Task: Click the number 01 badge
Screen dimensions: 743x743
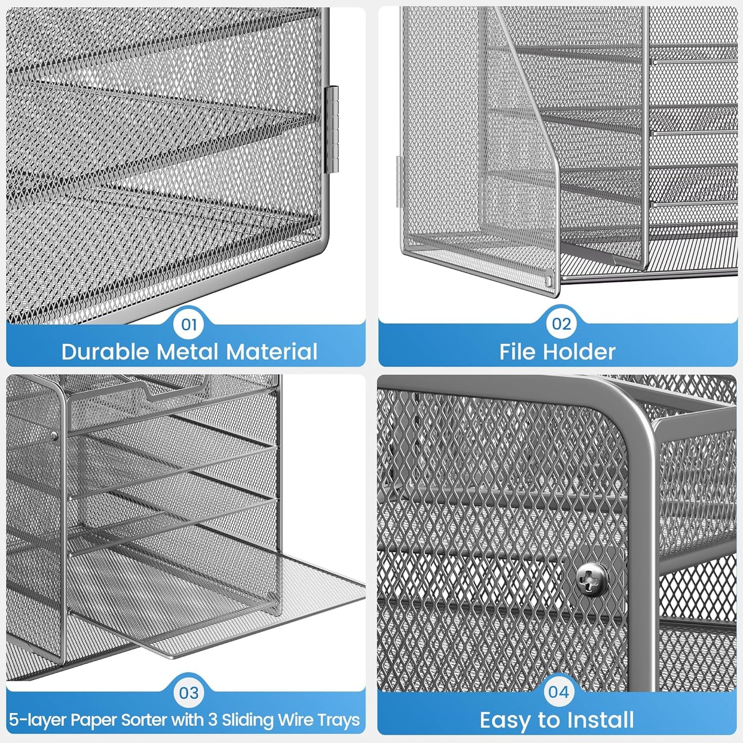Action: (189, 324)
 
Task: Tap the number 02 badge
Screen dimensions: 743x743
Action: (561, 324)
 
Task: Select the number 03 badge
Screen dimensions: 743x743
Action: (189, 693)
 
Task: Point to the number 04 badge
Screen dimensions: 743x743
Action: (558, 692)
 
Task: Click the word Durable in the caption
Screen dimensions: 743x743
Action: (105, 352)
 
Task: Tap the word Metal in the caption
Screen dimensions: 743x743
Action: (189, 352)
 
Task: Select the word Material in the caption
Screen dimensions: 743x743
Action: (272, 352)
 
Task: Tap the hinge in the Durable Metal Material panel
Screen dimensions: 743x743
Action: (333, 129)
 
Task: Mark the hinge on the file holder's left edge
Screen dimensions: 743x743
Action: (398, 183)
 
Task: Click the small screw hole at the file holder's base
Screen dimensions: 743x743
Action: (550, 280)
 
